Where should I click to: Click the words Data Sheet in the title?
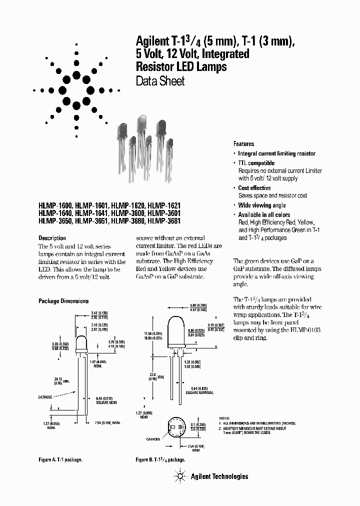point(160,81)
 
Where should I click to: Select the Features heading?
point(243,143)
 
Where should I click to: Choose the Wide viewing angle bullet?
point(261,205)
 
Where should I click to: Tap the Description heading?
point(52,238)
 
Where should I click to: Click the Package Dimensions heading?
point(63,301)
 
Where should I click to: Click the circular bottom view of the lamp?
point(177,429)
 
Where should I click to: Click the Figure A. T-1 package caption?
point(60,459)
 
